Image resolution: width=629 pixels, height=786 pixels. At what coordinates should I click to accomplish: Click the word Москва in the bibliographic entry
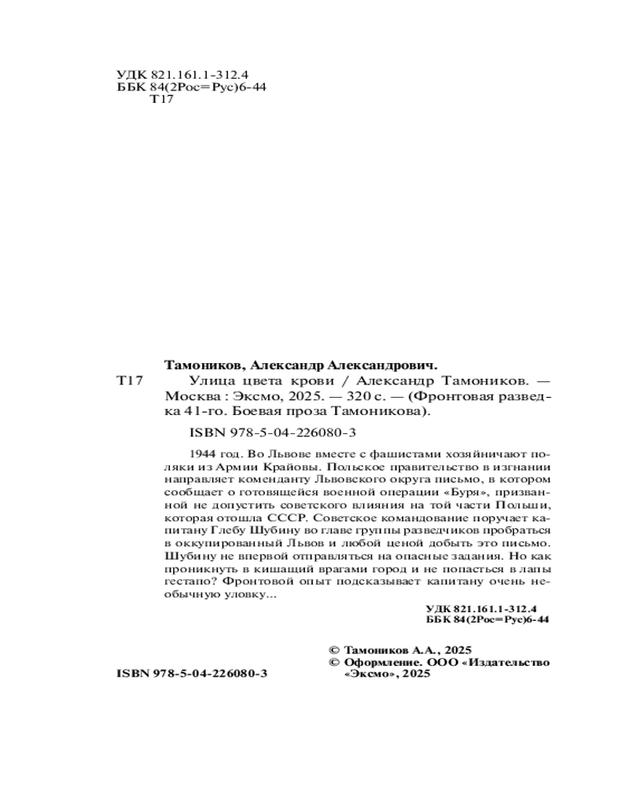point(188,396)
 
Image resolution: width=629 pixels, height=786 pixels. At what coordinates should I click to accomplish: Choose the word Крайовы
point(297,470)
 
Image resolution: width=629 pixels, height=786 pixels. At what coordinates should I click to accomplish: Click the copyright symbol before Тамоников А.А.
point(331,650)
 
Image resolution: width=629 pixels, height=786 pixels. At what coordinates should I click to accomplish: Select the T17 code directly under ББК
point(160,101)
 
